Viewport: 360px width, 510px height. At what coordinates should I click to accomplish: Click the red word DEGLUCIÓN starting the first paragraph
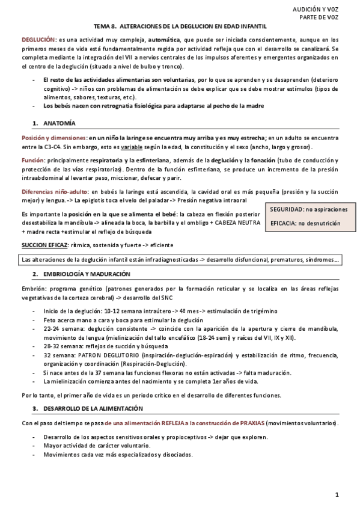coord(39,39)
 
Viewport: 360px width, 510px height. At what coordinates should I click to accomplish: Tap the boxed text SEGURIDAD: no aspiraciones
coord(308,209)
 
